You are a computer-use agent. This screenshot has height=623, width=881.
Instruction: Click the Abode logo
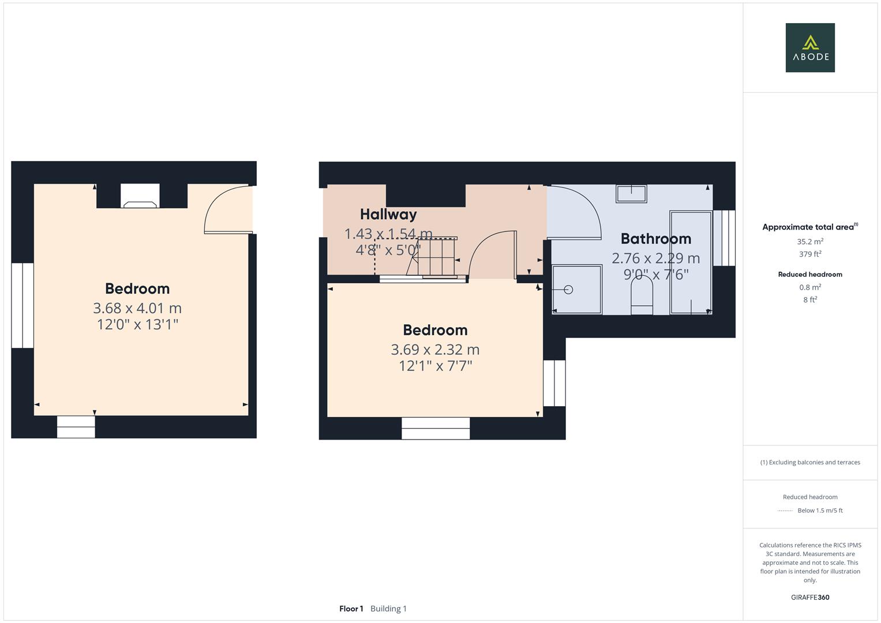810,48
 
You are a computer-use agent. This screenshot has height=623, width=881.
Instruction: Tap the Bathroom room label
655,239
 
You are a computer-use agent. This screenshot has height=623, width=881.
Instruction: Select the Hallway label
388,215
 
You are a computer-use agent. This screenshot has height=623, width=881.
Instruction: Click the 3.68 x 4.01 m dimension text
137,308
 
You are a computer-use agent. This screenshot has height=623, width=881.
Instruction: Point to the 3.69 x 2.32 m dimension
435,350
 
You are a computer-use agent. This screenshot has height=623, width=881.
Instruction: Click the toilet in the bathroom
642,294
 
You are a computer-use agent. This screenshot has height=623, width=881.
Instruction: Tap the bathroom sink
631,193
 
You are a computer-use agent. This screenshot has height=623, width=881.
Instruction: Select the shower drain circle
568,290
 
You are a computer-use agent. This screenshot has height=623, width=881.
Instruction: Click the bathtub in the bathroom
690,262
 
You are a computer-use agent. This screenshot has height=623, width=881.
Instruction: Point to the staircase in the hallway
433,257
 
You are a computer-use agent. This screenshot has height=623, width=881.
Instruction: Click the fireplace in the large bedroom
140,197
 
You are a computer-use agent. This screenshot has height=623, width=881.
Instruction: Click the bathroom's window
724,238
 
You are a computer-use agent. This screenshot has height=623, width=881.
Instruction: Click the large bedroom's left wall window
23,305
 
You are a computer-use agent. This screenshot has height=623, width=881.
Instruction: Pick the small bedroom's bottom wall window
436,428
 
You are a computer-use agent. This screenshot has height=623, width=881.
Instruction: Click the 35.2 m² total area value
810,242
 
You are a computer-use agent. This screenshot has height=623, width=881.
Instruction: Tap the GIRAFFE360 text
810,598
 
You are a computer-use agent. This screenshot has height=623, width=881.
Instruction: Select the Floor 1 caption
351,609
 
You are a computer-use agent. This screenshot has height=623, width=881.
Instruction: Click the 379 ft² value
810,254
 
